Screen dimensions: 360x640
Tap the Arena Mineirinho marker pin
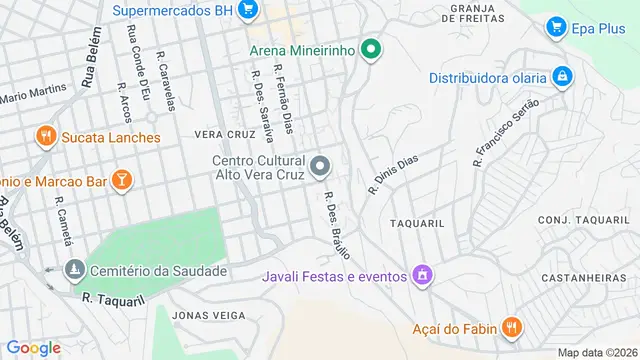372,48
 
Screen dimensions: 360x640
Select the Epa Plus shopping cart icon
557,27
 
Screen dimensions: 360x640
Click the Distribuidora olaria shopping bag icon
563,77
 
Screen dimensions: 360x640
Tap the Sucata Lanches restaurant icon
44,136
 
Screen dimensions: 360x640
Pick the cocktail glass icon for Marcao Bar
121,180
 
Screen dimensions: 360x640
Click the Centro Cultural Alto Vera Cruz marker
321,166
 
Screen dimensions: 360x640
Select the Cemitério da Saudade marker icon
74,270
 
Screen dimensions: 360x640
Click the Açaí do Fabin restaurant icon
511,327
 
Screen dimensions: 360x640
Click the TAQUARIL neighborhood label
417,224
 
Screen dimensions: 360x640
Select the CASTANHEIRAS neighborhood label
585,277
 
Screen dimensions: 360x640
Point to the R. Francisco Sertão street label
506,130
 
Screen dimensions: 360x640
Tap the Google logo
34,347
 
